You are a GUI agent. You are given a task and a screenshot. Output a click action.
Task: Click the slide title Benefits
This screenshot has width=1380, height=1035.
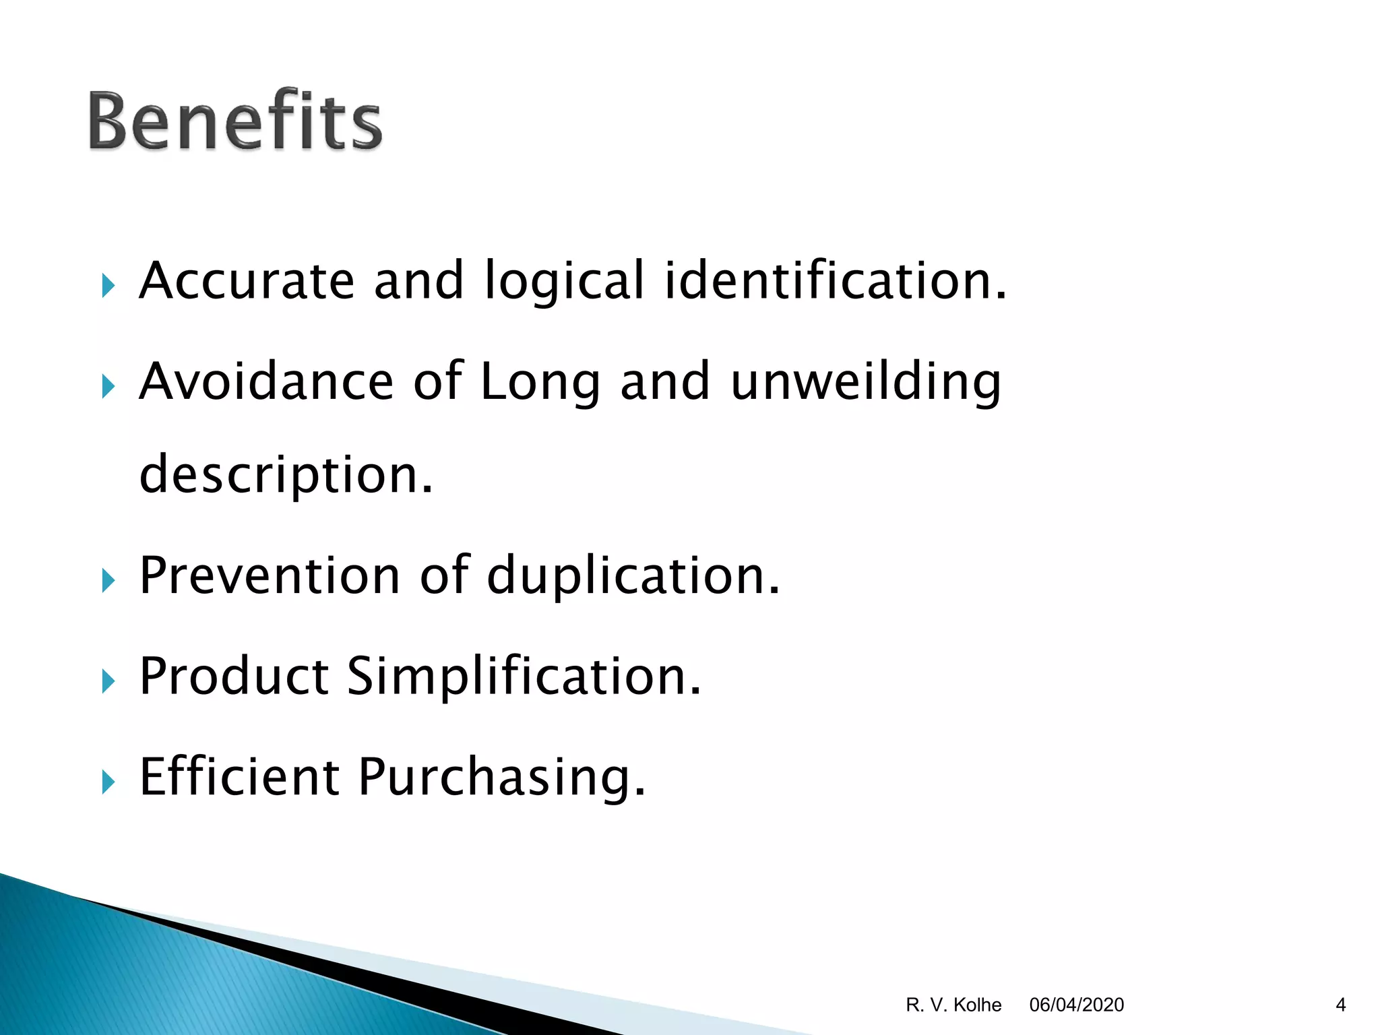[x=234, y=121]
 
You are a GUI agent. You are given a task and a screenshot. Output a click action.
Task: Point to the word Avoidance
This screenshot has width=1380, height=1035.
[x=266, y=381]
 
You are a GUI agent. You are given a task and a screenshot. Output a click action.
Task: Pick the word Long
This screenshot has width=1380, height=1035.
[x=540, y=381]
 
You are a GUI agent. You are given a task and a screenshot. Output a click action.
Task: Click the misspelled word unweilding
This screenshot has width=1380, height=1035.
[x=866, y=381]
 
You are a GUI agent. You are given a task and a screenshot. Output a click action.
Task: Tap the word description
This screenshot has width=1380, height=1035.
[x=286, y=474]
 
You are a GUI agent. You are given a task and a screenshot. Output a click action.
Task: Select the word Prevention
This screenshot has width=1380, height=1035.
[x=270, y=575]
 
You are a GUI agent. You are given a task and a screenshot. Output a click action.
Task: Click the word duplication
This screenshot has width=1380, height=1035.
[x=633, y=575]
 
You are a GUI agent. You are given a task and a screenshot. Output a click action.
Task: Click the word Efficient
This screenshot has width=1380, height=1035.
[x=239, y=777]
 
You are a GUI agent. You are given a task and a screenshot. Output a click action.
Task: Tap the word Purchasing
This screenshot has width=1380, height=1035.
[x=501, y=777]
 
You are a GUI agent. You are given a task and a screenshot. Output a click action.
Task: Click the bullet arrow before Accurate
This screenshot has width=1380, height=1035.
[x=108, y=286]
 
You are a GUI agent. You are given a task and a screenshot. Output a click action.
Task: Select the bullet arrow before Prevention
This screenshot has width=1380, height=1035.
[x=108, y=580]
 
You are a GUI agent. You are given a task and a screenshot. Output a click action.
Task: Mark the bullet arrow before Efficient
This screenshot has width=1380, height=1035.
[x=108, y=782]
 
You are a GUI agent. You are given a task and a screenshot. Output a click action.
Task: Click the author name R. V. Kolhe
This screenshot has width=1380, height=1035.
[x=953, y=1005]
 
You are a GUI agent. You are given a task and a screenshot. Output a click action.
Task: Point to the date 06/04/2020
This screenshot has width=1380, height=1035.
[x=1076, y=1005]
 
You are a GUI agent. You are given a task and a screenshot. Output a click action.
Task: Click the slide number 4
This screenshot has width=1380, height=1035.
[x=1340, y=1005]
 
